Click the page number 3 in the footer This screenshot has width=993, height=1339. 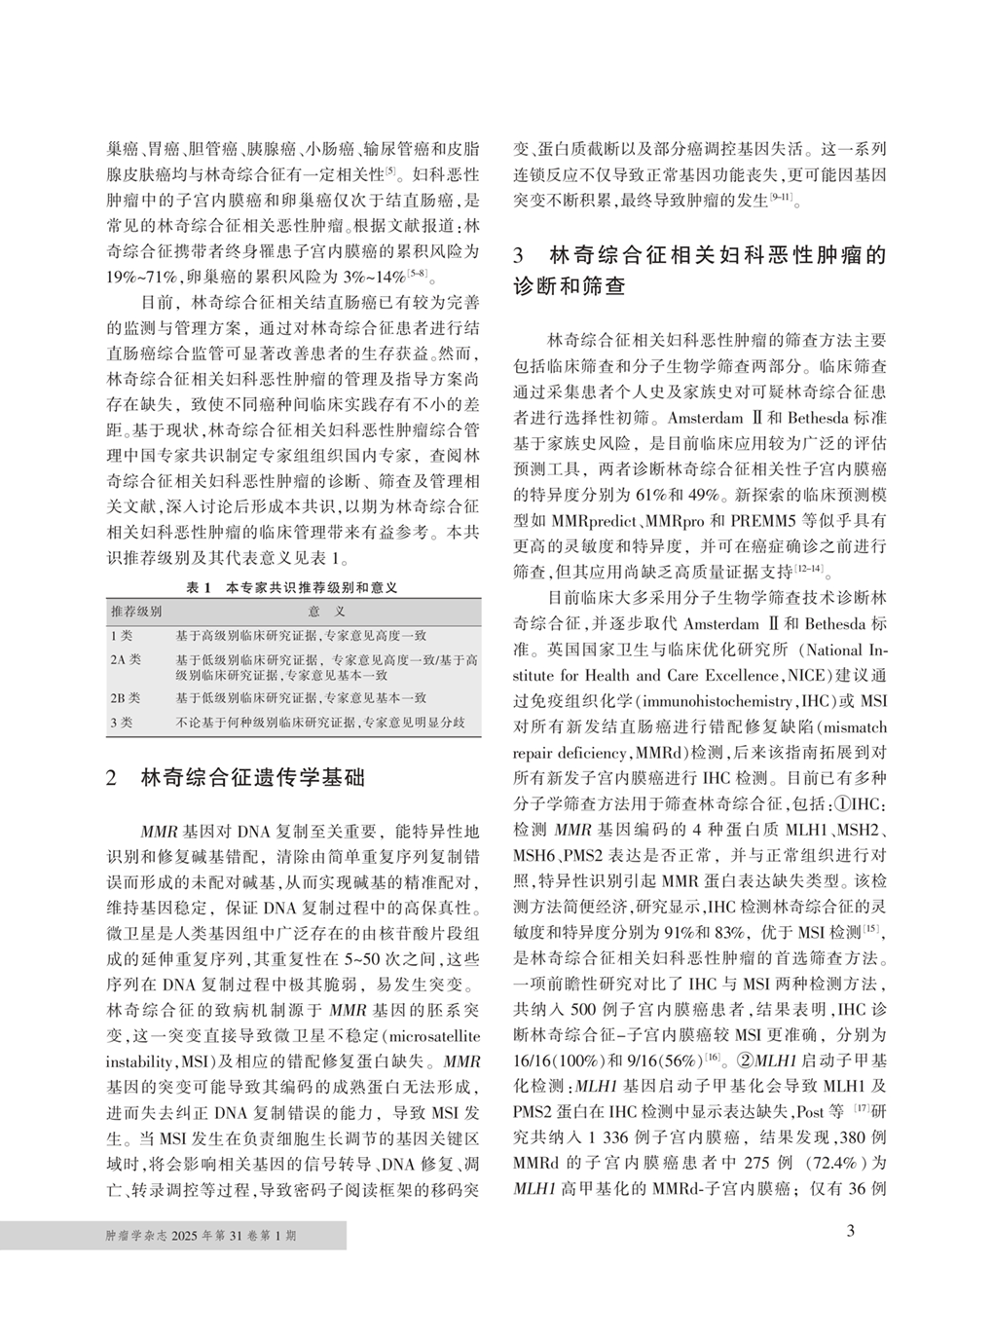pos(850,1231)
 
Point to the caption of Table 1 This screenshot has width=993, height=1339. pos(293,588)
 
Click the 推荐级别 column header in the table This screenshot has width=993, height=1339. pos(136,612)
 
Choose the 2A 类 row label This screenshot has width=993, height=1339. pos(126,659)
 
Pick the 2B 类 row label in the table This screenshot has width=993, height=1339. pos(126,698)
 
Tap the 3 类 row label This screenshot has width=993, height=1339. pos(122,722)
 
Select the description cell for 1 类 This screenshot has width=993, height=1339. pos(302,635)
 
